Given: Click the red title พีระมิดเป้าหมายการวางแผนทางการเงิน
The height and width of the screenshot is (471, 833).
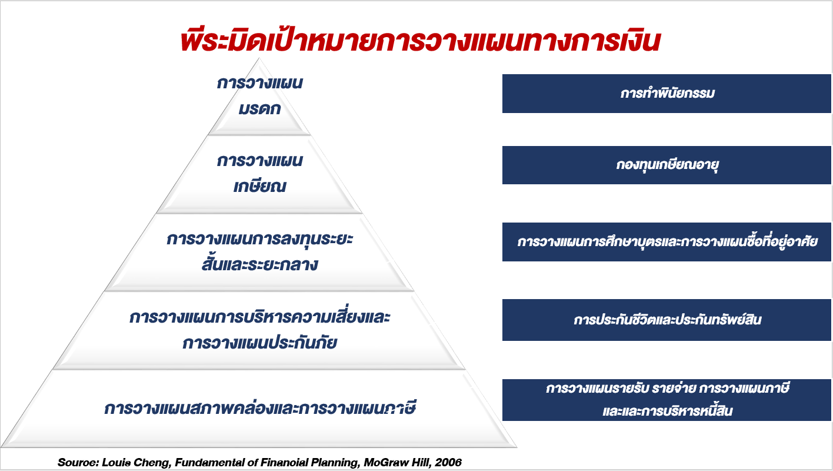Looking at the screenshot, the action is click(x=420, y=40).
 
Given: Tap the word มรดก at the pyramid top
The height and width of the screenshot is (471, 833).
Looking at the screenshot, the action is click(x=259, y=110).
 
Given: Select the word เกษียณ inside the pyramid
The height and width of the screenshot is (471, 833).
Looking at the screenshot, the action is click(x=259, y=185).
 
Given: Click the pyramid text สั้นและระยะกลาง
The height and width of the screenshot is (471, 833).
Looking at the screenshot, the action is click(x=259, y=263).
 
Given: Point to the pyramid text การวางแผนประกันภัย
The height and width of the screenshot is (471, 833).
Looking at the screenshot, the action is click(x=259, y=343).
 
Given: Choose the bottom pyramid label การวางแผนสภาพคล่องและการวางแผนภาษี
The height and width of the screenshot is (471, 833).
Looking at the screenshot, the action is click(x=259, y=408).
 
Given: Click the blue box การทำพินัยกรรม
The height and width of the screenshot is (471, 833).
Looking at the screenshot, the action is click(x=667, y=94).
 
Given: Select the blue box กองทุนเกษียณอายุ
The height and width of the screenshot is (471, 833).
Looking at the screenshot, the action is click(x=667, y=165).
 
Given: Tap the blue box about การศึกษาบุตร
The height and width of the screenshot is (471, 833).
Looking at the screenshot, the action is click(x=667, y=242).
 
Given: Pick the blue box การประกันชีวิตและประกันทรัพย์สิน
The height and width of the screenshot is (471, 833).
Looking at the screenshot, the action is click(x=667, y=320).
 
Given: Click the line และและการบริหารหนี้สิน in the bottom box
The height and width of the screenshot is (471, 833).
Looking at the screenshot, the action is click(x=667, y=411).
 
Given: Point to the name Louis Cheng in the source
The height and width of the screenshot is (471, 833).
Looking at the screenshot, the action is click(x=136, y=462).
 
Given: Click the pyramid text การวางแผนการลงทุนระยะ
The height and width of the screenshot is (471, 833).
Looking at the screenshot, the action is click(x=259, y=239).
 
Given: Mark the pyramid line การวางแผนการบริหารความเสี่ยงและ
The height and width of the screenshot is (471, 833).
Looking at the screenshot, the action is click(x=259, y=317).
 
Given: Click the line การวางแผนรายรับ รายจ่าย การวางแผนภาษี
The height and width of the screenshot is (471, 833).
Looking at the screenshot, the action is click(x=667, y=389).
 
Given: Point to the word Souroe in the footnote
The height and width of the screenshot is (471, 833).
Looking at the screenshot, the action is click(x=78, y=462).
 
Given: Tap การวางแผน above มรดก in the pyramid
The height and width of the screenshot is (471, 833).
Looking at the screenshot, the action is click(x=259, y=83).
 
